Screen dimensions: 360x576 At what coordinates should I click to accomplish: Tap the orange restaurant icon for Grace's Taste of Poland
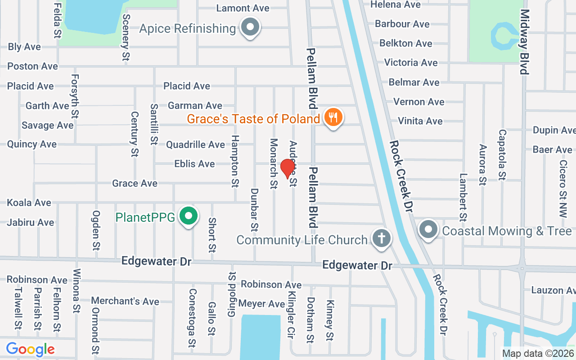(x=333, y=118)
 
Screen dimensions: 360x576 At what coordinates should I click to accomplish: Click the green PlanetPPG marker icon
(x=189, y=216)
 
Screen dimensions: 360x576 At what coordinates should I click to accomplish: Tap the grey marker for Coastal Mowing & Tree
(x=428, y=230)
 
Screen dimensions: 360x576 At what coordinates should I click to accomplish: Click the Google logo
(x=30, y=349)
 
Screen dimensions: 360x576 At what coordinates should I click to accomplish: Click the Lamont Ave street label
(x=243, y=8)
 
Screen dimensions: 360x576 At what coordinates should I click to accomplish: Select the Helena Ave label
(x=396, y=4)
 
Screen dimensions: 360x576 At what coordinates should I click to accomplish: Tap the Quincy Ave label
(x=31, y=144)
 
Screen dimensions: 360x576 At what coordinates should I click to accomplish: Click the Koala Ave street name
(x=29, y=202)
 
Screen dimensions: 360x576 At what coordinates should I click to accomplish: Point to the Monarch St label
(x=273, y=163)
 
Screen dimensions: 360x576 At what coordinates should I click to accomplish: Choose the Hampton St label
(x=234, y=161)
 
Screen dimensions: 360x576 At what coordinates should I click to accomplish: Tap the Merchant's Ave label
(x=125, y=301)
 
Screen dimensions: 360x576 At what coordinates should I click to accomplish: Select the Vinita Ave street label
(x=420, y=121)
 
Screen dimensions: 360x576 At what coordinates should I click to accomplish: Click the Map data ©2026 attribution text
(x=538, y=353)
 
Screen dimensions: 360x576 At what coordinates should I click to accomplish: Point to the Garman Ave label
(x=195, y=105)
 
